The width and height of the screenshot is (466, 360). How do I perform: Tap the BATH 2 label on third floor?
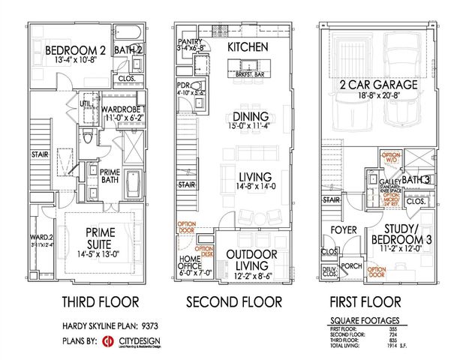pos(129,50)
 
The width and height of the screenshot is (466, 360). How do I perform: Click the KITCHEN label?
pos(248,46)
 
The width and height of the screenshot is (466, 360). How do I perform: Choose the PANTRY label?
pos(189,41)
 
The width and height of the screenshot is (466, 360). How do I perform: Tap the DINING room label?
pos(247,118)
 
